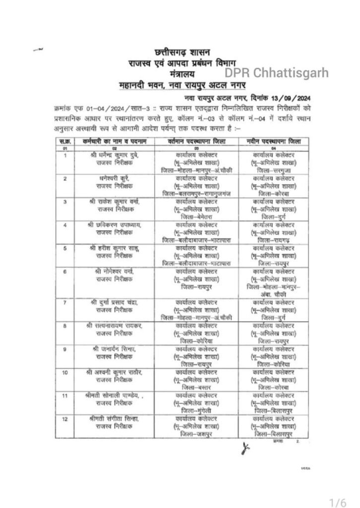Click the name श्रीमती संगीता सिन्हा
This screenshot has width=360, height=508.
tap(114, 420)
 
